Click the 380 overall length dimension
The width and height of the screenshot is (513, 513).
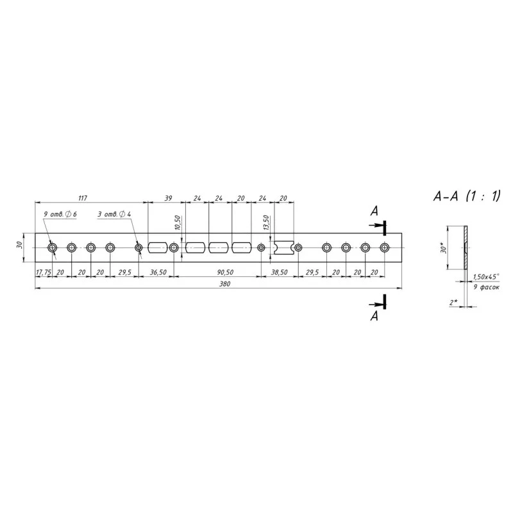pos(224,283)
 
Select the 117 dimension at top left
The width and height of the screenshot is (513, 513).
pos(83,198)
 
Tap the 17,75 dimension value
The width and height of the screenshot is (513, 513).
pos(43,272)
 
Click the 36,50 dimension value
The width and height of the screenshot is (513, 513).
pos(158,272)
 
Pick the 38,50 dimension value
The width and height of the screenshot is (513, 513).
pos(279,272)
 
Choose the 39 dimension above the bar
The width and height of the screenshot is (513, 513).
pos(168,198)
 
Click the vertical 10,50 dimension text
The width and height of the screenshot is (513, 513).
pos(178,223)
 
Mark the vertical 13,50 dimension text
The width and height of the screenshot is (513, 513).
pos(266,223)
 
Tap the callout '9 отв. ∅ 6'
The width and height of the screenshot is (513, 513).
pos(60,214)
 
